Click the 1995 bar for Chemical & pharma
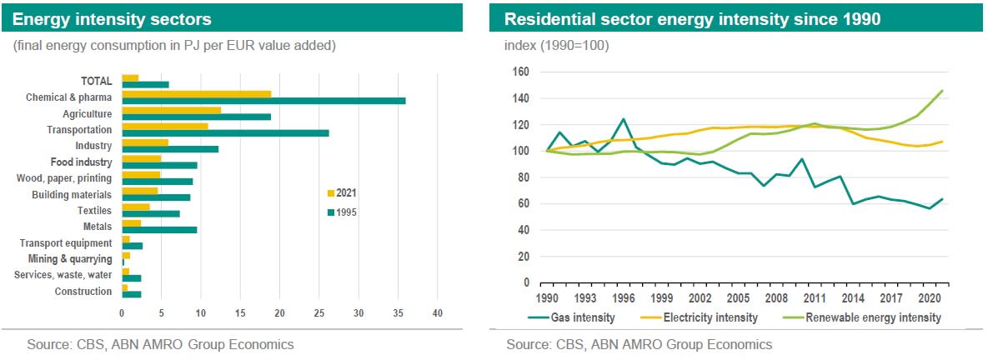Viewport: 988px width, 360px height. click(263, 100)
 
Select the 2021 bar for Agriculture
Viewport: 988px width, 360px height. click(171, 110)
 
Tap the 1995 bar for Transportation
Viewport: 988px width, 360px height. click(225, 132)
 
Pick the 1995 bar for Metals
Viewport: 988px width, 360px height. click(159, 229)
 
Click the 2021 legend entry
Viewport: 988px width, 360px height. click(343, 193)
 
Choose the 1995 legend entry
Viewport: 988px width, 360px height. click(343, 212)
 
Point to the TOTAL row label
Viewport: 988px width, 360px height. click(96, 81)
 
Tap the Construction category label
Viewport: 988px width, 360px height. click(83, 292)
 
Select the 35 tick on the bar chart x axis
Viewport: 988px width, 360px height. click(398, 313)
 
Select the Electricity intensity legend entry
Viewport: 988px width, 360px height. click(710, 317)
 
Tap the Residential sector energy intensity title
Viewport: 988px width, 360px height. click(693, 18)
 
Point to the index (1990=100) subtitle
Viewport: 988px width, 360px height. click(557, 44)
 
